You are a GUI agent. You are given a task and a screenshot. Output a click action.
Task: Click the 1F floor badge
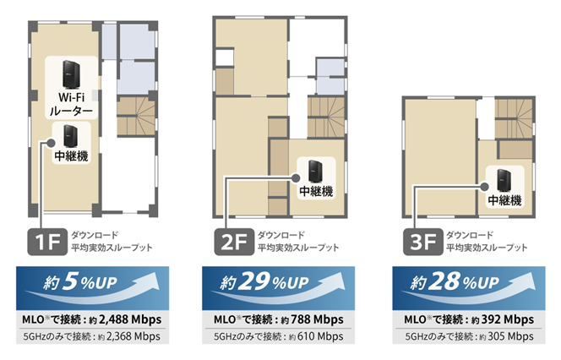(47, 242)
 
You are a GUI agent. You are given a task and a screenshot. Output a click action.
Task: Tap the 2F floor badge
(234, 242)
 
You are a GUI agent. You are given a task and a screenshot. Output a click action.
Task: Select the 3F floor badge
(423, 242)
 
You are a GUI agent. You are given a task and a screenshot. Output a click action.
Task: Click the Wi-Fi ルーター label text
(71, 104)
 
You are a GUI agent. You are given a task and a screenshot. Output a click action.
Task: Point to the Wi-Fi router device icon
(71, 74)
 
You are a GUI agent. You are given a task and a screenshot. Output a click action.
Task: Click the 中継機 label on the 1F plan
(71, 156)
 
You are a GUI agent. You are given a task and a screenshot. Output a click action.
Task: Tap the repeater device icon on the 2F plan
(316, 172)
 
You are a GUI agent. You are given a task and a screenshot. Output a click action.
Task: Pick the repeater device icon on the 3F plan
(504, 181)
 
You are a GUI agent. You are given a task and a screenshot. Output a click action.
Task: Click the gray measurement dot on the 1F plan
(51, 143)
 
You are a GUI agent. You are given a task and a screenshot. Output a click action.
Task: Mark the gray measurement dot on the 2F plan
(296, 177)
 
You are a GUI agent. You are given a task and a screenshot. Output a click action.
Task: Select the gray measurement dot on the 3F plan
(484, 187)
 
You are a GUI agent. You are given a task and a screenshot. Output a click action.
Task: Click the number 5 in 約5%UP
(70, 281)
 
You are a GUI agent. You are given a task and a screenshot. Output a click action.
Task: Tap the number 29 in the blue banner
(254, 281)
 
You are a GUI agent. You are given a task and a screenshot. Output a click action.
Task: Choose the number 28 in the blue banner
(444, 281)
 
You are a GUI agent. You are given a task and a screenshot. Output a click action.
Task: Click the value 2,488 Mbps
(130, 319)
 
